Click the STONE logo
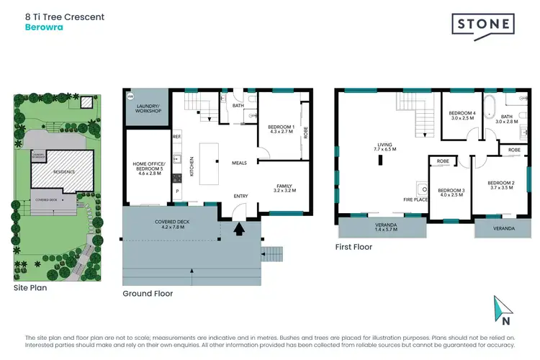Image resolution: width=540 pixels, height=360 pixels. tap(483, 25)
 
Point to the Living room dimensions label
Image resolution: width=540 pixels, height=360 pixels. tap(379, 148)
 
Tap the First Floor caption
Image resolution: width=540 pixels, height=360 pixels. tap(354, 246)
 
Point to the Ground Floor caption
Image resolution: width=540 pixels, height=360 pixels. tap(148, 293)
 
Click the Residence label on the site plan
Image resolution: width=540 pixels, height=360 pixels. tap(60, 173)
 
